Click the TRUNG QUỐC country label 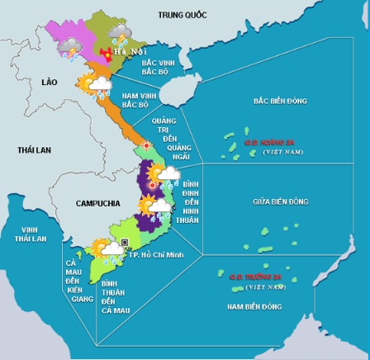pyautogui.click(x=183, y=14)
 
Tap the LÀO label pyautogui.click(x=49, y=83)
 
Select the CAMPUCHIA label pyautogui.click(x=97, y=203)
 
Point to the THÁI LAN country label pyautogui.click(x=34, y=150)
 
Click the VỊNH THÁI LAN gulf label pyautogui.click(x=30, y=234)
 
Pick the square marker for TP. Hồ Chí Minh pyautogui.click(x=124, y=243)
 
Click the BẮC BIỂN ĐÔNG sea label pyautogui.click(x=280, y=101)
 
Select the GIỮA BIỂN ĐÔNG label pyautogui.click(x=280, y=201)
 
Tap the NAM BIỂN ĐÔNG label pyautogui.click(x=254, y=306)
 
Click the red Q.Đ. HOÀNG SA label pyautogui.click(x=269, y=142)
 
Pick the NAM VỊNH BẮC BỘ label pyautogui.click(x=139, y=100)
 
